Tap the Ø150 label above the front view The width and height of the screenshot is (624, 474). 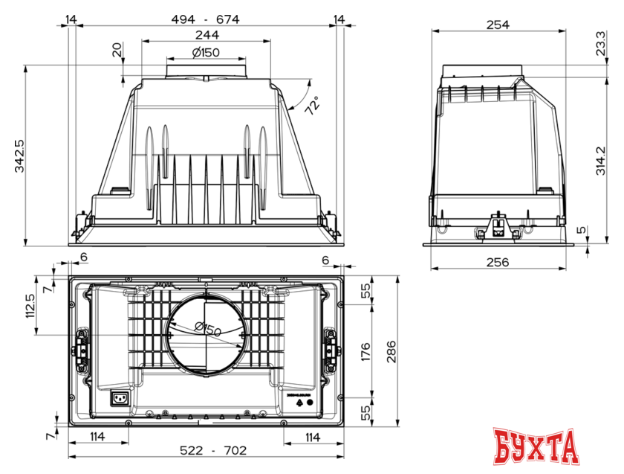[206, 52]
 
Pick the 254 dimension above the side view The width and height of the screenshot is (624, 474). [497, 24]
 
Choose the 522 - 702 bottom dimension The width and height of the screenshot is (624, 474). [206, 451]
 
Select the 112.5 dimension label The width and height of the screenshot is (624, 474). [30, 305]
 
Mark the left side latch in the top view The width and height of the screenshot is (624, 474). [80, 348]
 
